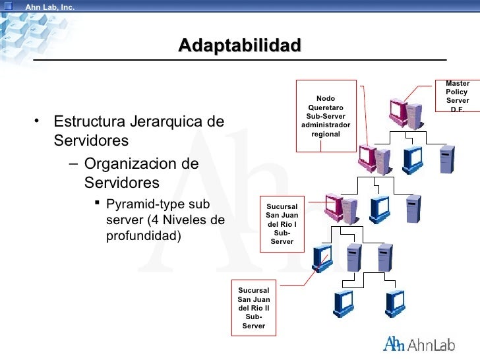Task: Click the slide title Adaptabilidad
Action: [x=239, y=46]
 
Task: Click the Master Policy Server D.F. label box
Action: [x=457, y=96]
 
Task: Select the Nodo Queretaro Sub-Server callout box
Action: [x=326, y=116]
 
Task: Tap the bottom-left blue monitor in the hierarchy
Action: [x=345, y=302]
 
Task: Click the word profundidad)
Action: [x=143, y=235]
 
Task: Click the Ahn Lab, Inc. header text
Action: [x=49, y=7]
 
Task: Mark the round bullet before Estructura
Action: [x=39, y=121]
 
